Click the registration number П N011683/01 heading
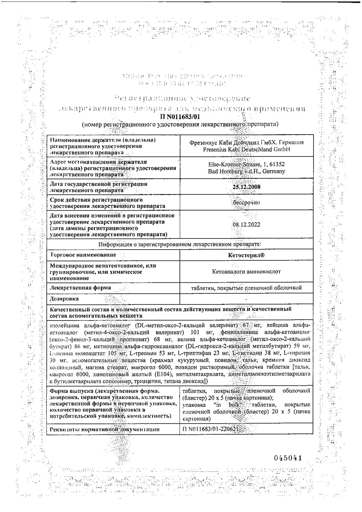click(x=180, y=117)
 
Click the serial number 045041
click(x=288, y=458)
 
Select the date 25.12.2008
click(x=246, y=187)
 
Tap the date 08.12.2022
click(x=246, y=225)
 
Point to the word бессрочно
click(x=246, y=202)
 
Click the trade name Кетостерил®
click(x=246, y=255)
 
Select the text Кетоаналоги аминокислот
click(x=246, y=271)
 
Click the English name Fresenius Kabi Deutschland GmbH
click(x=246, y=150)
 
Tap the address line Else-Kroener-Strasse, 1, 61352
click(x=246, y=164)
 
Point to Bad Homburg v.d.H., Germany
click(x=246, y=171)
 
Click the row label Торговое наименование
click(x=83, y=255)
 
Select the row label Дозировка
click(x=64, y=298)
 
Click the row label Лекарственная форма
click(x=80, y=287)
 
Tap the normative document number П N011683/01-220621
click(x=210, y=429)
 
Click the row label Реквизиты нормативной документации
click(x=104, y=429)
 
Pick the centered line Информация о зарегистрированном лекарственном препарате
click(x=180, y=244)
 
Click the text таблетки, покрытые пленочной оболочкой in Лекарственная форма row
click(x=246, y=288)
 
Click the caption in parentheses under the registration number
click(x=180, y=124)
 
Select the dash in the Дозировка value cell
click(x=246, y=299)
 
